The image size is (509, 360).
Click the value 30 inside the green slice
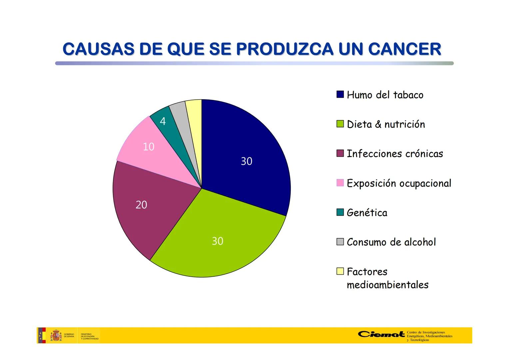pos(218,241)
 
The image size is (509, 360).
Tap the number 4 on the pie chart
pos(163,121)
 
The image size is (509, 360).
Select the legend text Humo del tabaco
pos(385,95)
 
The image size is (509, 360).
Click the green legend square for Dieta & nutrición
pos(340,124)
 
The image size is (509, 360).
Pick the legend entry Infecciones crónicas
pos(395,154)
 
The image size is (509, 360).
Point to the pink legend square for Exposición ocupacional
pos(340,183)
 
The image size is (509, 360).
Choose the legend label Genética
pos(367,213)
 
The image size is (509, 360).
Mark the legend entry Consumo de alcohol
pos(391,242)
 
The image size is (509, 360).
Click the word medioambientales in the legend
pos(387,285)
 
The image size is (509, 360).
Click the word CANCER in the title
pos(404,49)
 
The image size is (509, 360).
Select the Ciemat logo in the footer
pos(381,334)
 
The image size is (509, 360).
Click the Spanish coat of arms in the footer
pos(56,335)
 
